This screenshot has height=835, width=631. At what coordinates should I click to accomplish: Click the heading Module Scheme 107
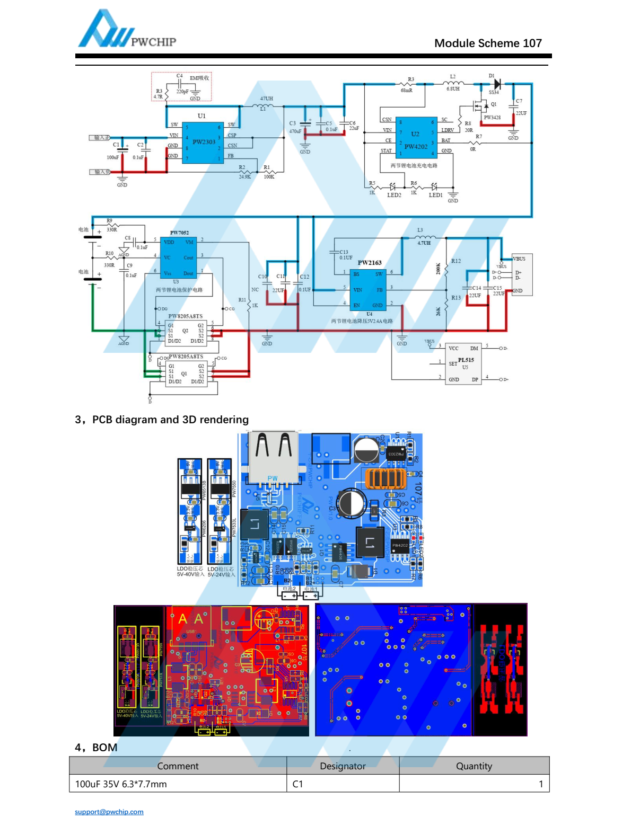click(488, 43)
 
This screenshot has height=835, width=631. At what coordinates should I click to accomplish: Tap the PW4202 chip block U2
click(416, 138)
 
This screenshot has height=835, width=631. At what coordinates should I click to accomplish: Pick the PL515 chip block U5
click(463, 363)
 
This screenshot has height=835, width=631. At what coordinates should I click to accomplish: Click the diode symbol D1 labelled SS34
click(497, 84)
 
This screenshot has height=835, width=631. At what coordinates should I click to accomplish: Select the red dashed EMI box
click(181, 86)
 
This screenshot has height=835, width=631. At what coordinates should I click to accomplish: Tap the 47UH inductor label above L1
click(266, 99)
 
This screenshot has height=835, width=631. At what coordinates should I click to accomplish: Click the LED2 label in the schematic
click(394, 195)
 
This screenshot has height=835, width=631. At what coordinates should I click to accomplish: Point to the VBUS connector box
click(522, 274)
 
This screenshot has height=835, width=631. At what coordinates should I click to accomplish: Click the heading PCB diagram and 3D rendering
click(162, 420)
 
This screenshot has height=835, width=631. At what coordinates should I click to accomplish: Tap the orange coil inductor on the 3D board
click(385, 478)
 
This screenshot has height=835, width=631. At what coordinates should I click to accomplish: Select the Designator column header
click(343, 766)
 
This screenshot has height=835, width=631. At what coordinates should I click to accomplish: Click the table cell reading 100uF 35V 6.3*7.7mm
click(121, 784)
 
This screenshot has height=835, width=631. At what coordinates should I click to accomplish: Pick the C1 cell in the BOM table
click(298, 784)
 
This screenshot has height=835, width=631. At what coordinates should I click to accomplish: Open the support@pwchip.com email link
click(109, 812)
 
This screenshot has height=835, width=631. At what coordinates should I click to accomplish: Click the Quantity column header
click(474, 766)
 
